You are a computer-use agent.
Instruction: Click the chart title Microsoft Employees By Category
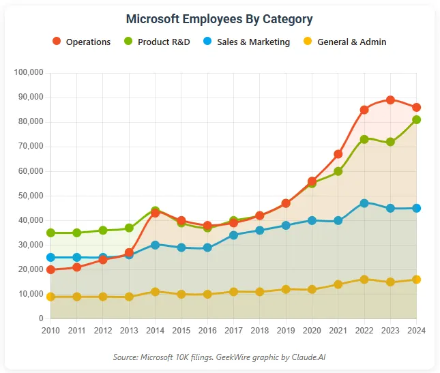(x=220, y=19)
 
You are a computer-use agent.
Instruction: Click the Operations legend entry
(x=81, y=42)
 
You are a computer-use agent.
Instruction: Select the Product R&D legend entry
(x=156, y=42)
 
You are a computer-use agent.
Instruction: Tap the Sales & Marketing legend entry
(x=246, y=42)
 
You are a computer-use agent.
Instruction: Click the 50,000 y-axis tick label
(x=31, y=196)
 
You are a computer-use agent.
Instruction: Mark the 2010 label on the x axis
(x=50, y=331)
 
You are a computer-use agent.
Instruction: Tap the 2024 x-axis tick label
(x=416, y=331)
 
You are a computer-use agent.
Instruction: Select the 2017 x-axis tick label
(x=233, y=331)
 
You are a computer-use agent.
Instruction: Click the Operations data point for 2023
(x=390, y=100)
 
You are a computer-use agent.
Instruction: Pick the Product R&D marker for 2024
(x=416, y=119)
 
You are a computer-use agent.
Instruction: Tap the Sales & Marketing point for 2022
(x=364, y=203)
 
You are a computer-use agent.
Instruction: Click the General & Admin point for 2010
(x=50, y=297)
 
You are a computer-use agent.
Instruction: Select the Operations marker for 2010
(x=50, y=269)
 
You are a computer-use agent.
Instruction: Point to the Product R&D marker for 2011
(x=76, y=233)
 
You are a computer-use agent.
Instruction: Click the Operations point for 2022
(x=364, y=109)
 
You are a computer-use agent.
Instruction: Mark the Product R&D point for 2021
(x=338, y=171)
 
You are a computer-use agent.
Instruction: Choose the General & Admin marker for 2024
(x=416, y=280)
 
